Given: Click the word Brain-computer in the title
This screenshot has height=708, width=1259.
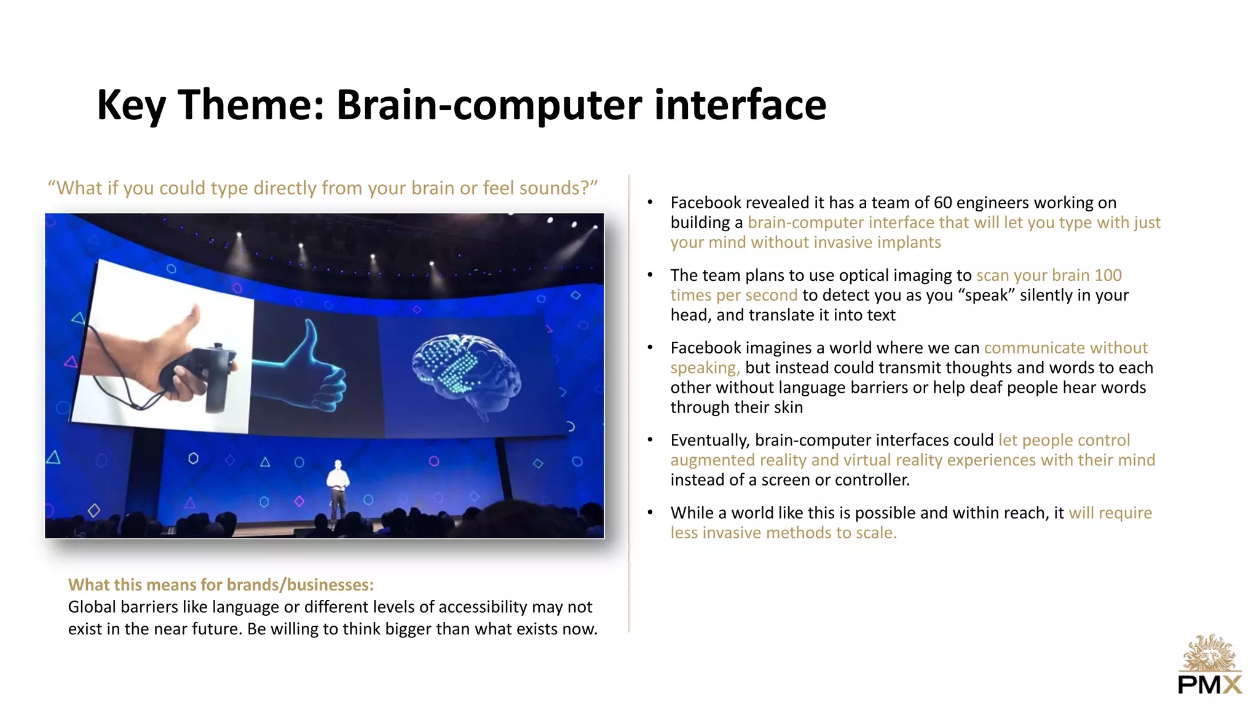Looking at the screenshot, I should (489, 104).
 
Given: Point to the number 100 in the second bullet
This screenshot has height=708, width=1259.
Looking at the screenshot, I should (1108, 275).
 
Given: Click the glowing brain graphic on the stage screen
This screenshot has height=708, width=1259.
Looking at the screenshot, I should (467, 371).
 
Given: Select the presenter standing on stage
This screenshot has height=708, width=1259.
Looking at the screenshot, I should (337, 492).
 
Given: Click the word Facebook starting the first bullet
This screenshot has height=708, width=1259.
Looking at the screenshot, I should (706, 203).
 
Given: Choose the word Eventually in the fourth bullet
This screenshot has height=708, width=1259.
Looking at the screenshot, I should (710, 441).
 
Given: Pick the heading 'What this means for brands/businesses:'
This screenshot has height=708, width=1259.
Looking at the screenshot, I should (221, 584).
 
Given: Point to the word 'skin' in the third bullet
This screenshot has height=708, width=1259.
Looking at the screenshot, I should (787, 407).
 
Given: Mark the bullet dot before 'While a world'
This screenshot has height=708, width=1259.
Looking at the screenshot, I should (650, 513).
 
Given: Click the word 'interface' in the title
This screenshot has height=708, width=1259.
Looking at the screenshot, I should (740, 104).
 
